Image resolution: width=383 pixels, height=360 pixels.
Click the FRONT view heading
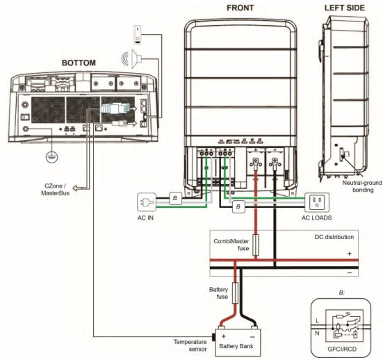240,8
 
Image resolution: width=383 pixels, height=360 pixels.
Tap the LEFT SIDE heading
344,8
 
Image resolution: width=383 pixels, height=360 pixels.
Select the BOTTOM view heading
79,63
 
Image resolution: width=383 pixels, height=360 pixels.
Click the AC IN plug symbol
147,202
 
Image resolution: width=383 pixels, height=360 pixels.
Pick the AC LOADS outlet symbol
317,202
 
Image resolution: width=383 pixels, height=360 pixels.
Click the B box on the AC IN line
176,198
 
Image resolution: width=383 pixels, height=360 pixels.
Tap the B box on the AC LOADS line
238,206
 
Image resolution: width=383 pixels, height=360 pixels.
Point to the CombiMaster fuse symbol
256,245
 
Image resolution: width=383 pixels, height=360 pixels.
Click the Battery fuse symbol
235,293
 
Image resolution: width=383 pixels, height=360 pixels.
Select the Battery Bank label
236,346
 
